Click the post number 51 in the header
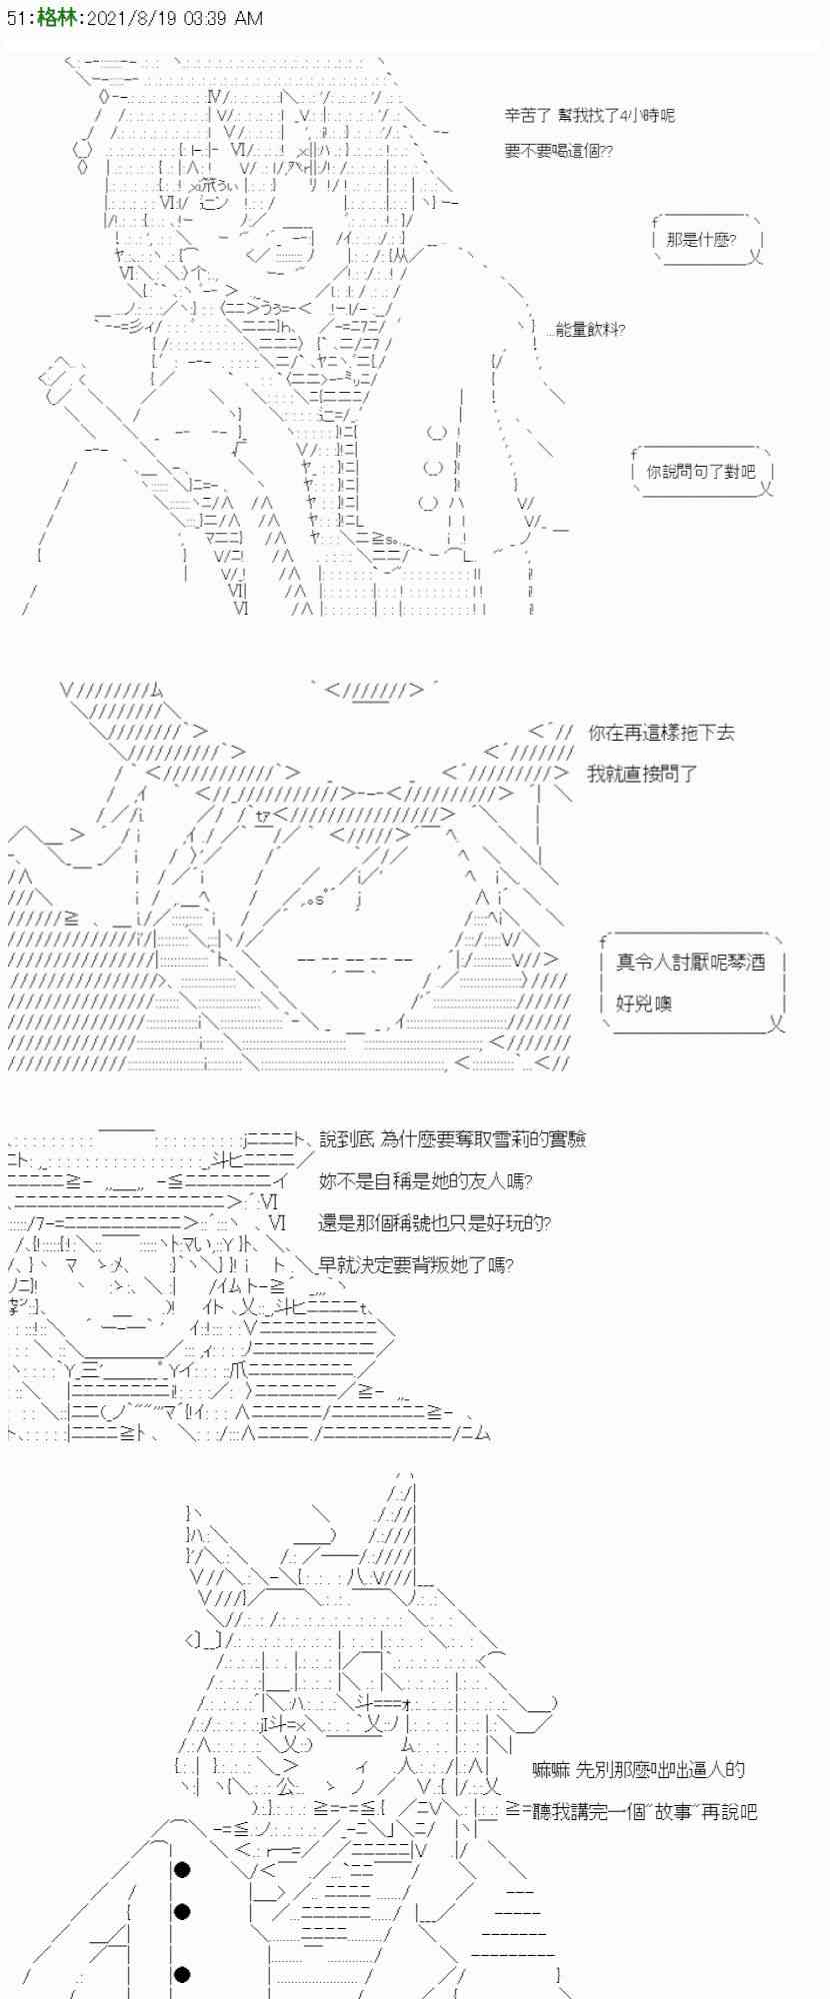click(16, 18)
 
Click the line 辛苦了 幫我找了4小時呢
click(589, 115)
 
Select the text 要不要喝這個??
click(558, 151)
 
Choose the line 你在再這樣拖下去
click(661, 733)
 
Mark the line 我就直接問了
click(642, 773)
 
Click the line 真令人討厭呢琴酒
click(690, 962)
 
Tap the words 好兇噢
click(643, 1002)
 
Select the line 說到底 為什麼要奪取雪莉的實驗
click(452, 1139)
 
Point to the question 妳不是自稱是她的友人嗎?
click(425, 1180)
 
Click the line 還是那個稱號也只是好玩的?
click(434, 1222)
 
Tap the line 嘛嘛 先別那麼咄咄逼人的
click(639, 1769)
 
